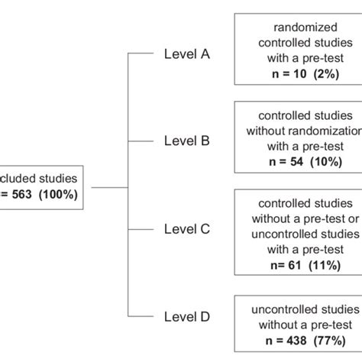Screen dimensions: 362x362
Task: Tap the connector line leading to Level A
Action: (141, 54)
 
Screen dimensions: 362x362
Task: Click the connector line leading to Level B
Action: (141, 141)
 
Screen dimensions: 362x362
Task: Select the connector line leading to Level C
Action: (141, 228)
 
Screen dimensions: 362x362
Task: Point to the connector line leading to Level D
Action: (141, 315)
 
